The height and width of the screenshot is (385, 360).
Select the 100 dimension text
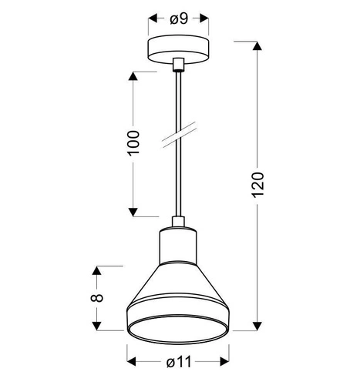pyautogui.click(x=133, y=143)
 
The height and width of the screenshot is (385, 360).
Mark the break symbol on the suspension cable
pyautogui.click(x=179, y=138)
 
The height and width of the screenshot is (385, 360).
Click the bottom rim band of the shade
pyautogui.click(x=179, y=323)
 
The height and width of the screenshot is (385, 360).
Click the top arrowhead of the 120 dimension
pyautogui.click(x=258, y=40)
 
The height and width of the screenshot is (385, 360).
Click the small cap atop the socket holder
pyautogui.click(x=179, y=223)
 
